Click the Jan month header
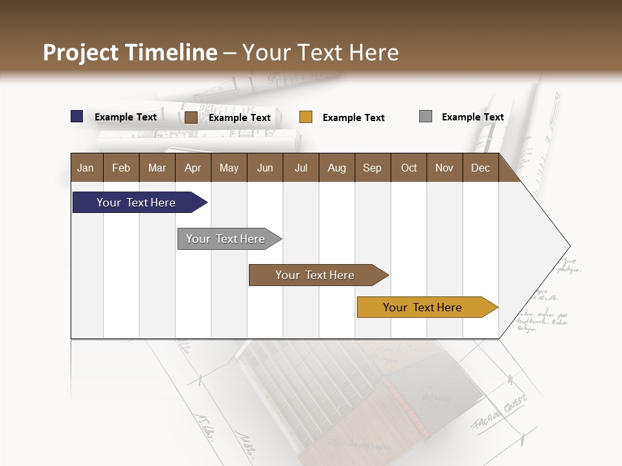86,168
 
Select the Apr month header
192,168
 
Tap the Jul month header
301,168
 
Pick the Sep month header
372,168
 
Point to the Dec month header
480,168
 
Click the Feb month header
121,168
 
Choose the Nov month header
444,168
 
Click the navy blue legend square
77,116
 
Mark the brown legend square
190,117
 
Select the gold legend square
306,117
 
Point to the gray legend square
426,116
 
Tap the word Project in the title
80,52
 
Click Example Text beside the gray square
472,117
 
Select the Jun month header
265,168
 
